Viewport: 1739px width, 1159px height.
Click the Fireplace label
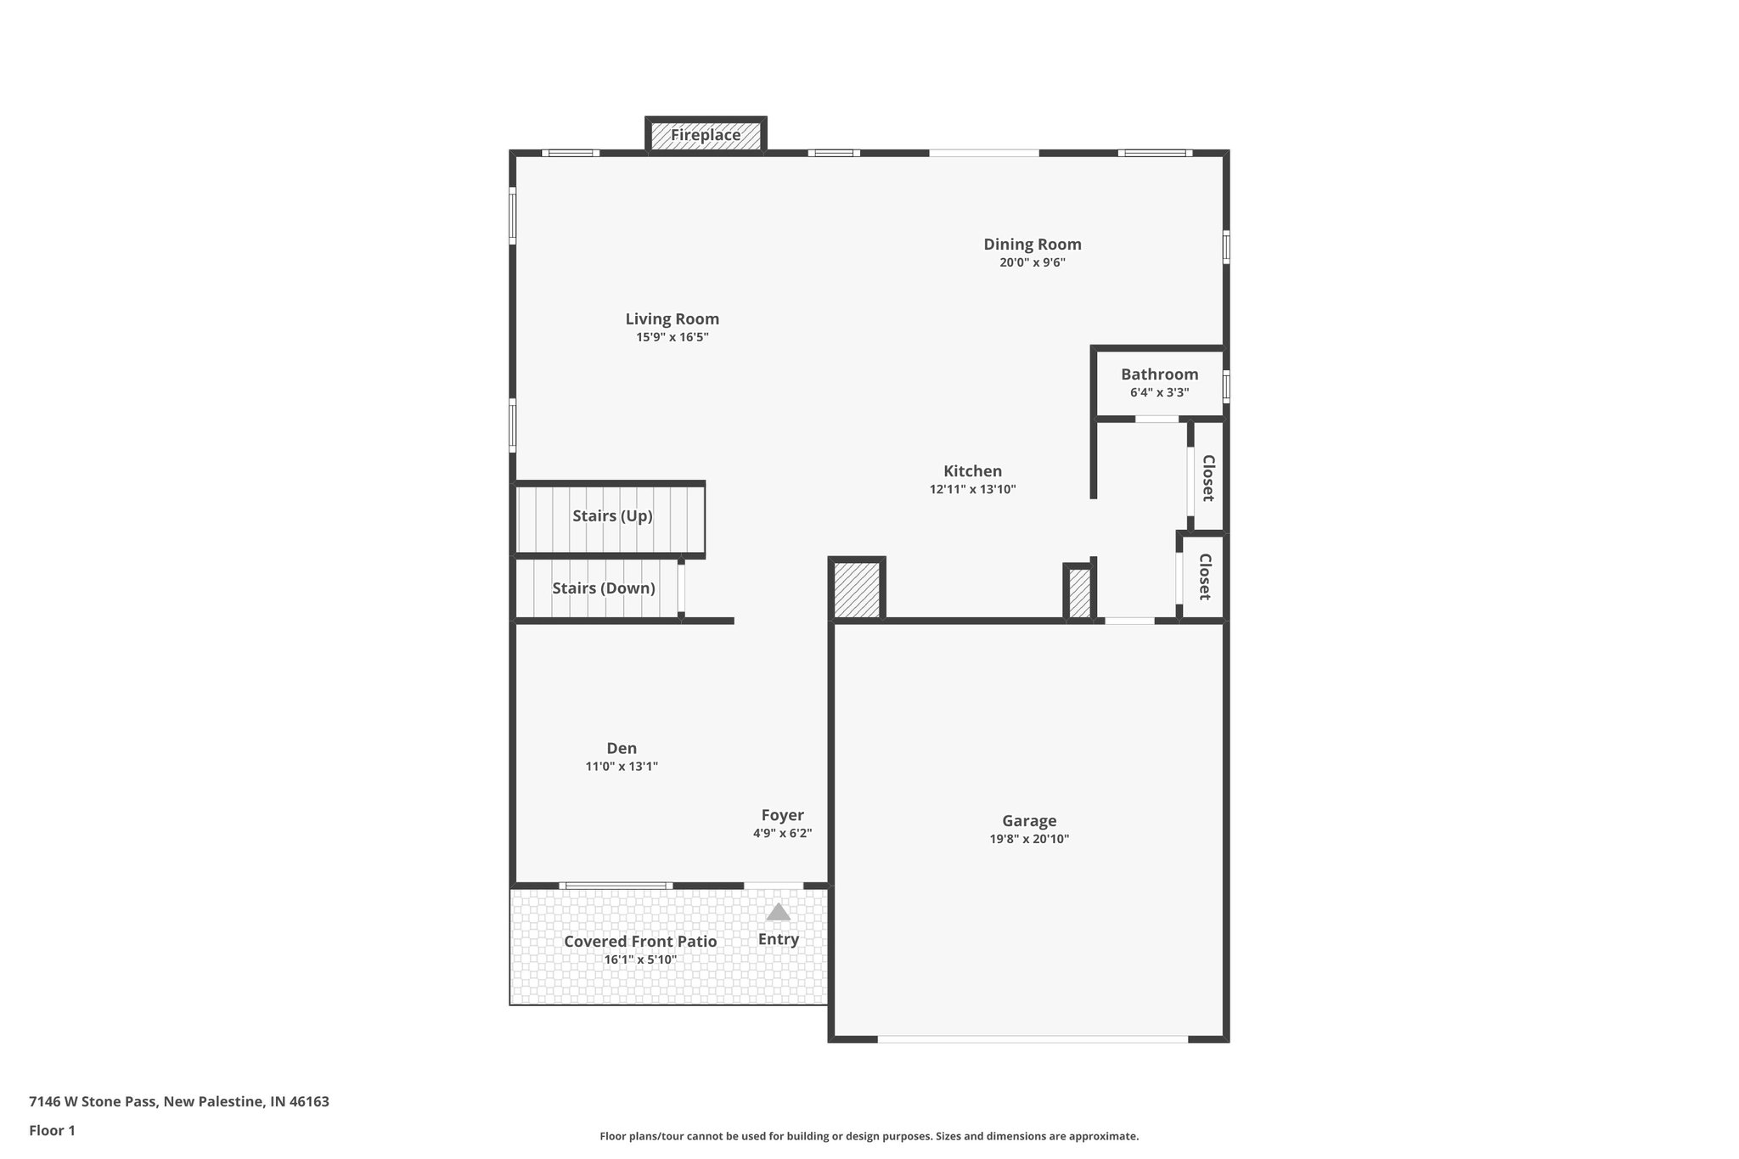click(x=706, y=135)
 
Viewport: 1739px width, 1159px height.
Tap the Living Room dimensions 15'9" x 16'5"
click(x=672, y=337)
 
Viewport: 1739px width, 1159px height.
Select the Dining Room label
click(x=1032, y=245)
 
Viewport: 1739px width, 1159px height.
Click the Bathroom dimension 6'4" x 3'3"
click(x=1159, y=392)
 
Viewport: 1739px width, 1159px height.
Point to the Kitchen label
click(x=972, y=471)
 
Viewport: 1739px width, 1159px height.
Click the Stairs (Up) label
click(x=611, y=516)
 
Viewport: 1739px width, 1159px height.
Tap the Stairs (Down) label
click(x=603, y=588)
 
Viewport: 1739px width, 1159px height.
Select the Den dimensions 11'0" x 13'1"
click(x=621, y=767)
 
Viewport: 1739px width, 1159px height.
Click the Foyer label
click(x=782, y=815)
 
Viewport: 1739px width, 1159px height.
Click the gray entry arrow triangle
click(x=778, y=914)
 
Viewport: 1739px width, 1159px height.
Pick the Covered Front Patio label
click(x=640, y=942)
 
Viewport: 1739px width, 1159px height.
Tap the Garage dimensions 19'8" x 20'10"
click(x=1029, y=839)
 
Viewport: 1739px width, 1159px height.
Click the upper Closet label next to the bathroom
click(x=1207, y=477)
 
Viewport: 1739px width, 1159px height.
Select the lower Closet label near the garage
click(x=1204, y=577)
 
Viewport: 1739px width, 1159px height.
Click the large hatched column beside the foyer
click(x=857, y=589)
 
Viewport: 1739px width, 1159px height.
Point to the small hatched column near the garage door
click(x=1078, y=593)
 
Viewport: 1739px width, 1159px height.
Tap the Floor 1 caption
click(x=52, y=1131)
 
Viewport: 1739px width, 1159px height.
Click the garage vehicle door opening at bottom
click(x=1032, y=1039)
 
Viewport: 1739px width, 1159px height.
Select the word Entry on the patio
click(x=778, y=939)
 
